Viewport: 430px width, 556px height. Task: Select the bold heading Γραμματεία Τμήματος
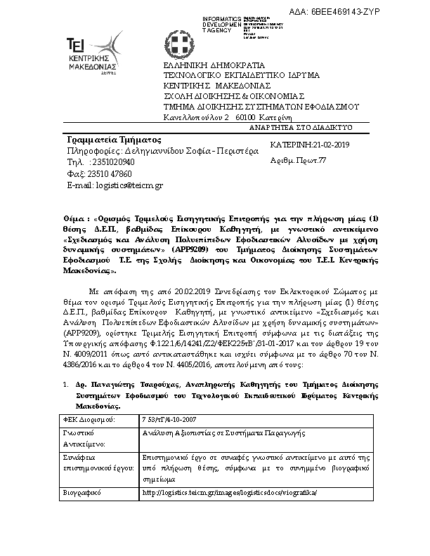coord(105,140)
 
